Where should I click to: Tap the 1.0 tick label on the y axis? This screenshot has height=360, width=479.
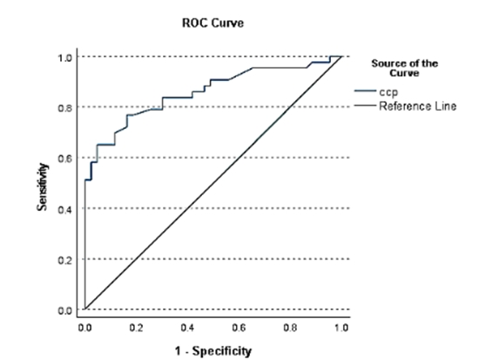[64, 58]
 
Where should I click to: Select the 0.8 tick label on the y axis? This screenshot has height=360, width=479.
[64, 108]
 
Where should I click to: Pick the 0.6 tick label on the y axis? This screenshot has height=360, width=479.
[64, 159]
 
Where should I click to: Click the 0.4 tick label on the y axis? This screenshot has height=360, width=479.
[64, 209]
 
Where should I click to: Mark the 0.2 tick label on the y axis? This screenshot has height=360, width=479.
[64, 260]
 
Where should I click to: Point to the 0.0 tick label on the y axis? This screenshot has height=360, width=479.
[64, 310]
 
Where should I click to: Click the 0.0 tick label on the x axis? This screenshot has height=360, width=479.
[84, 329]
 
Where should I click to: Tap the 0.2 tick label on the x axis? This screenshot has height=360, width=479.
[137, 329]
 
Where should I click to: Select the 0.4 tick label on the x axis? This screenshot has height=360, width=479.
[187, 329]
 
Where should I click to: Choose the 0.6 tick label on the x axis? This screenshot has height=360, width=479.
[239, 329]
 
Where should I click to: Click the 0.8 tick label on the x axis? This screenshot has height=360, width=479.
[290, 329]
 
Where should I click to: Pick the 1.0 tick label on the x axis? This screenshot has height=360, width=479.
[341, 329]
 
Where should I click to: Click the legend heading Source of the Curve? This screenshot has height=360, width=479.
[404, 68]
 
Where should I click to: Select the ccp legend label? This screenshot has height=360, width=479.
[388, 91]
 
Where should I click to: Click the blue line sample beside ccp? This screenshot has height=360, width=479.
[365, 91]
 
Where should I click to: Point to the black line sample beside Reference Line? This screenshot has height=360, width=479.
[365, 105]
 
